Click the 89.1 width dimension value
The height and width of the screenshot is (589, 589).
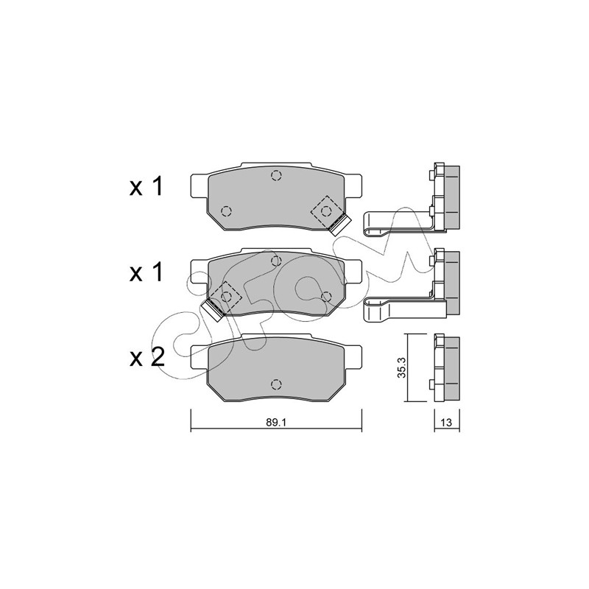[x=276, y=422]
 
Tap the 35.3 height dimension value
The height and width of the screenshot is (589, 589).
[x=402, y=367]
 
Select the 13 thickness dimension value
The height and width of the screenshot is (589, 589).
[x=446, y=423]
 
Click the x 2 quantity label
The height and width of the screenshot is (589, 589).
[x=147, y=357]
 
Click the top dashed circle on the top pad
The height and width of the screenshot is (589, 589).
[x=276, y=175]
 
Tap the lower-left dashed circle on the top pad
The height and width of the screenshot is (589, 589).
[x=226, y=211]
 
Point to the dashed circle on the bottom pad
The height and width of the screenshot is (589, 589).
[x=276, y=384]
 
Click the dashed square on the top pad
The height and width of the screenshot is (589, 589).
[x=326, y=211]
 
